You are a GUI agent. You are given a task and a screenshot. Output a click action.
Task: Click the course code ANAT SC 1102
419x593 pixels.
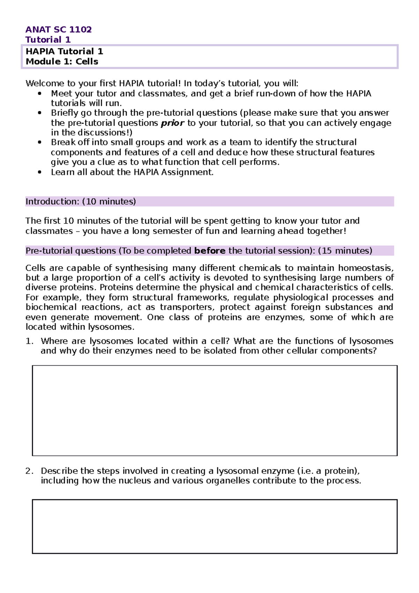point(58,29)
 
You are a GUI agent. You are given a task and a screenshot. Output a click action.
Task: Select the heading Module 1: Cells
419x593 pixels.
point(62,61)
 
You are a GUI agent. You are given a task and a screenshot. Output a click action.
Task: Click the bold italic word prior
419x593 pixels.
point(172,123)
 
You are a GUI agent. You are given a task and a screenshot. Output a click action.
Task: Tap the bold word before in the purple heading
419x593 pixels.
point(209,251)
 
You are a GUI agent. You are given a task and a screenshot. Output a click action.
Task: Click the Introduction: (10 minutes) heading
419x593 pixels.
point(81,202)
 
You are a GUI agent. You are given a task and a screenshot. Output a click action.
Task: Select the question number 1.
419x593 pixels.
point(29,341)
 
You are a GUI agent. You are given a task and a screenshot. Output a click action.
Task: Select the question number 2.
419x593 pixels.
point(29,471)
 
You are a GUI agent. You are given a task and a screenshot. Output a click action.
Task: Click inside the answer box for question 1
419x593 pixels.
point(214,410)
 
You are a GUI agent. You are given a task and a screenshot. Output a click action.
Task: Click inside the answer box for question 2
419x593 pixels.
point(214,526)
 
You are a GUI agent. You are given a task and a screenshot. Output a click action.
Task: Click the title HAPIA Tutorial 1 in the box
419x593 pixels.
point(64,51)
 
